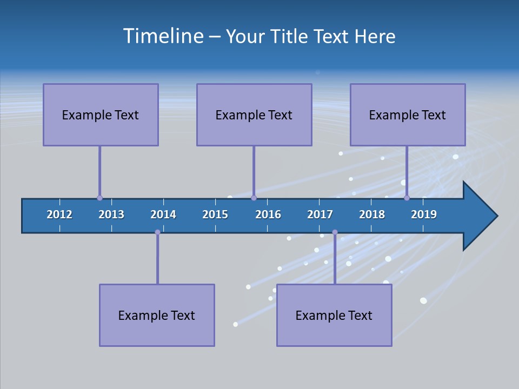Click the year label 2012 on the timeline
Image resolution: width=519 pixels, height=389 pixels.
click(59, 214)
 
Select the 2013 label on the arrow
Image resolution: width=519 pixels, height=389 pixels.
click(111, 214)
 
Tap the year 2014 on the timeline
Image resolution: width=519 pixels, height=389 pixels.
click(163, 214)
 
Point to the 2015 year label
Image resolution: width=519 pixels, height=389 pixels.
click(215, 214)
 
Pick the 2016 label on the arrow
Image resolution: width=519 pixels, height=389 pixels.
click(268, 214)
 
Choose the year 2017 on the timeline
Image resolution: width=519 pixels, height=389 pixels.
click(320, 214)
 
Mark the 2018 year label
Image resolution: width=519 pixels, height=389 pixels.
click(372, 214)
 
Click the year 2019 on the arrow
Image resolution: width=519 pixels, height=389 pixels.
click(424, 214)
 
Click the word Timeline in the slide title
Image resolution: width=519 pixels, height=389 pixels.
click(162, 36)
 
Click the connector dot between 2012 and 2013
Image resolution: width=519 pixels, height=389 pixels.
click(99, 198)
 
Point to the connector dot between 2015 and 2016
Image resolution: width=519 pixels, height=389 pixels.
click(254, 198)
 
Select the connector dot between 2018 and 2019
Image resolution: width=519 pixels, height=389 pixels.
click(407, 198)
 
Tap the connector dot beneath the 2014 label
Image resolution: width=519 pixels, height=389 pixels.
click(157, 232)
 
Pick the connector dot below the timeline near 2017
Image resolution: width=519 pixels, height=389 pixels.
click(335, 232)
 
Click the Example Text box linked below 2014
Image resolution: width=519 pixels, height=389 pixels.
click(157, 315)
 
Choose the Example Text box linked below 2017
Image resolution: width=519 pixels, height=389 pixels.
click(334, 315)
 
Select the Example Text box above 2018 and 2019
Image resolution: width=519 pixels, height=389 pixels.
click(408, 115)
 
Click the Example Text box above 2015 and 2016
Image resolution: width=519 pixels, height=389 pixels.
click(254, 115)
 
